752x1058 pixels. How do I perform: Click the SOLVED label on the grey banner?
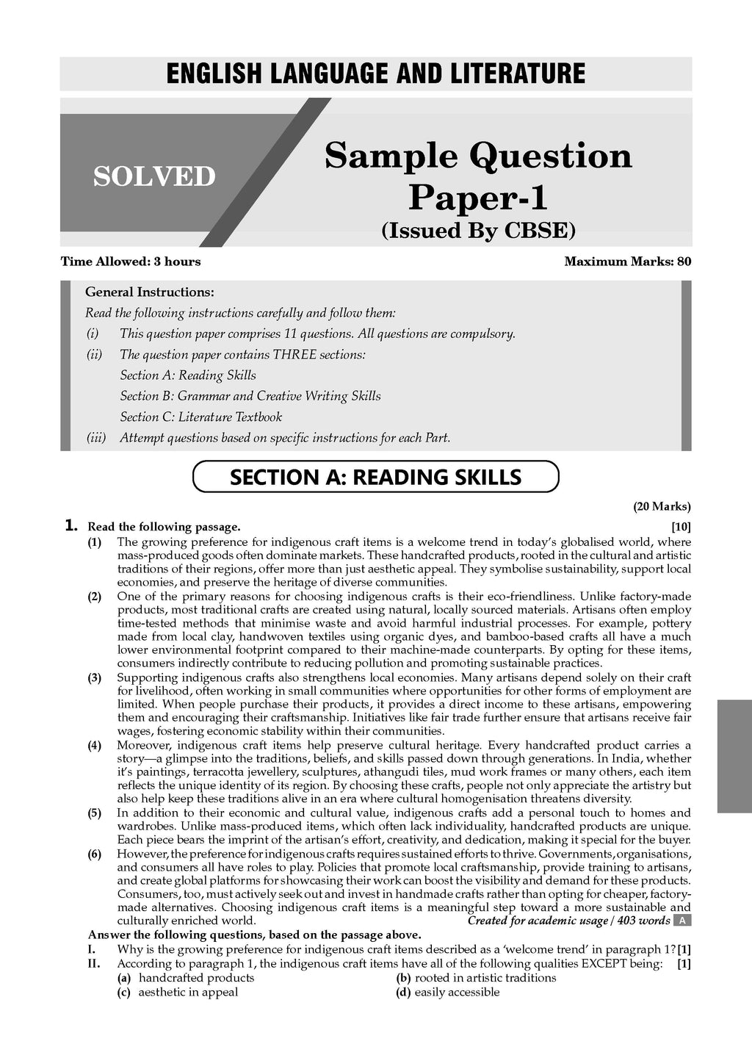click(x=154, y=176)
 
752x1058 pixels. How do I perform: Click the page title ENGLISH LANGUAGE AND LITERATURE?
click(x=376, y=74)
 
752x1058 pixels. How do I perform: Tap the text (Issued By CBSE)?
click(x=478, y=231)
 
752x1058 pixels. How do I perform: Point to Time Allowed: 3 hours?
click(x=130, y=262)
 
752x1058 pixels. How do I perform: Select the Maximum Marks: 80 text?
click(x=627, y=262)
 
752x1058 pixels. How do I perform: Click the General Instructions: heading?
click(x=150, y=292)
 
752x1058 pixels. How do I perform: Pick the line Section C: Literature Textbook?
click(x=200, y=417)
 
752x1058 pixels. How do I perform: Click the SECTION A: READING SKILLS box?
click(x=375, y=477)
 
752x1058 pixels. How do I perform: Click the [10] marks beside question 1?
click(x=681, y=527)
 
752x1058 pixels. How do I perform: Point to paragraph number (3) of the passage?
click(x=95, y=678)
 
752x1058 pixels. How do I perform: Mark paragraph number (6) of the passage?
click(x=95, y=854)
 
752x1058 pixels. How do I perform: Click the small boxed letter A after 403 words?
click(x=682, y=921)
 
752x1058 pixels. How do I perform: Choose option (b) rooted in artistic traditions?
click(x=476, y=978)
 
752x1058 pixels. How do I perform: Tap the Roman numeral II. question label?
click(x=94, y=963)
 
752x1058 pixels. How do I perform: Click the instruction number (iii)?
click(x=96, y=438)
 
